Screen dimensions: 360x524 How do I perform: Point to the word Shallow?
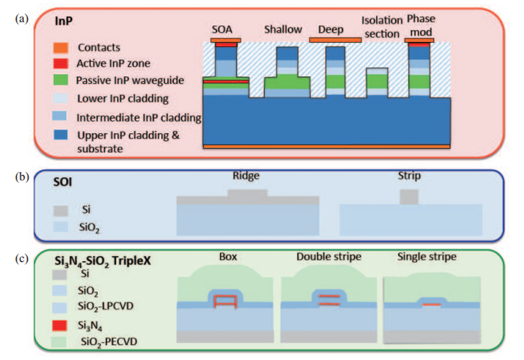pos(282,30)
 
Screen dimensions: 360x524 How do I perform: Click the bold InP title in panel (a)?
pos(64,24)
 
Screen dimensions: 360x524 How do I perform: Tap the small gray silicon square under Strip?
pos(409,197)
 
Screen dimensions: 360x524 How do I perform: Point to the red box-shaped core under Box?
pos(226,301)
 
